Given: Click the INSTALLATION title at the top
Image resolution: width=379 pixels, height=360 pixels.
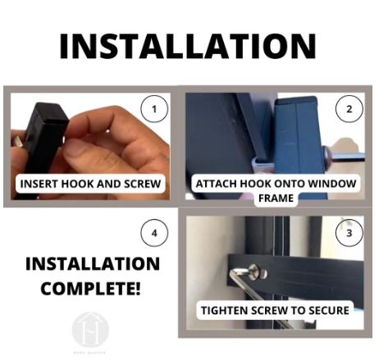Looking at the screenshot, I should (188, 46).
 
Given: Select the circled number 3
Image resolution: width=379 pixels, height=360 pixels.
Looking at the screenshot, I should (349, 235).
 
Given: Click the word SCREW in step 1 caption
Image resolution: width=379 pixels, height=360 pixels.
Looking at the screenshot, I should (139, 185).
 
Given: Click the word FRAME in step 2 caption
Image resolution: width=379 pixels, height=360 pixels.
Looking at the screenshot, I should (276, 198).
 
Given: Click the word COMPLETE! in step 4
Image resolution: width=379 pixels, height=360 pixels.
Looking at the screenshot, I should (92, 289).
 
